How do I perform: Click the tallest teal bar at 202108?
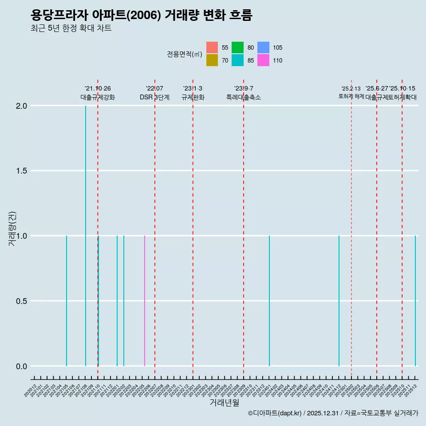[x=86, y=235]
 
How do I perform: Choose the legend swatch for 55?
[x=212, y=47]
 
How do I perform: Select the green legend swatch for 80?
[x=237, y=47]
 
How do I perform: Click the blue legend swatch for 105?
[x=263, y=47]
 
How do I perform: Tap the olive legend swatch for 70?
[x=212, y=60]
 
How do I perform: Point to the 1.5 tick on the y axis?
[x=21, y=171]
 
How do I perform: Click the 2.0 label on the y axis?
[x=21, y=106]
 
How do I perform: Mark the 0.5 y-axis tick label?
[x=21, y=301]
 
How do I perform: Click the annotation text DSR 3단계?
[x=154, y=97]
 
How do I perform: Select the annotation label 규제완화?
[x=193, y=97]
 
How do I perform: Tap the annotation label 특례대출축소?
[x=244, y=97]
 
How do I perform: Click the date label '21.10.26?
[x=98, y=89]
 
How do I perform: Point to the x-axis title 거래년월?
[x=224, y=403]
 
